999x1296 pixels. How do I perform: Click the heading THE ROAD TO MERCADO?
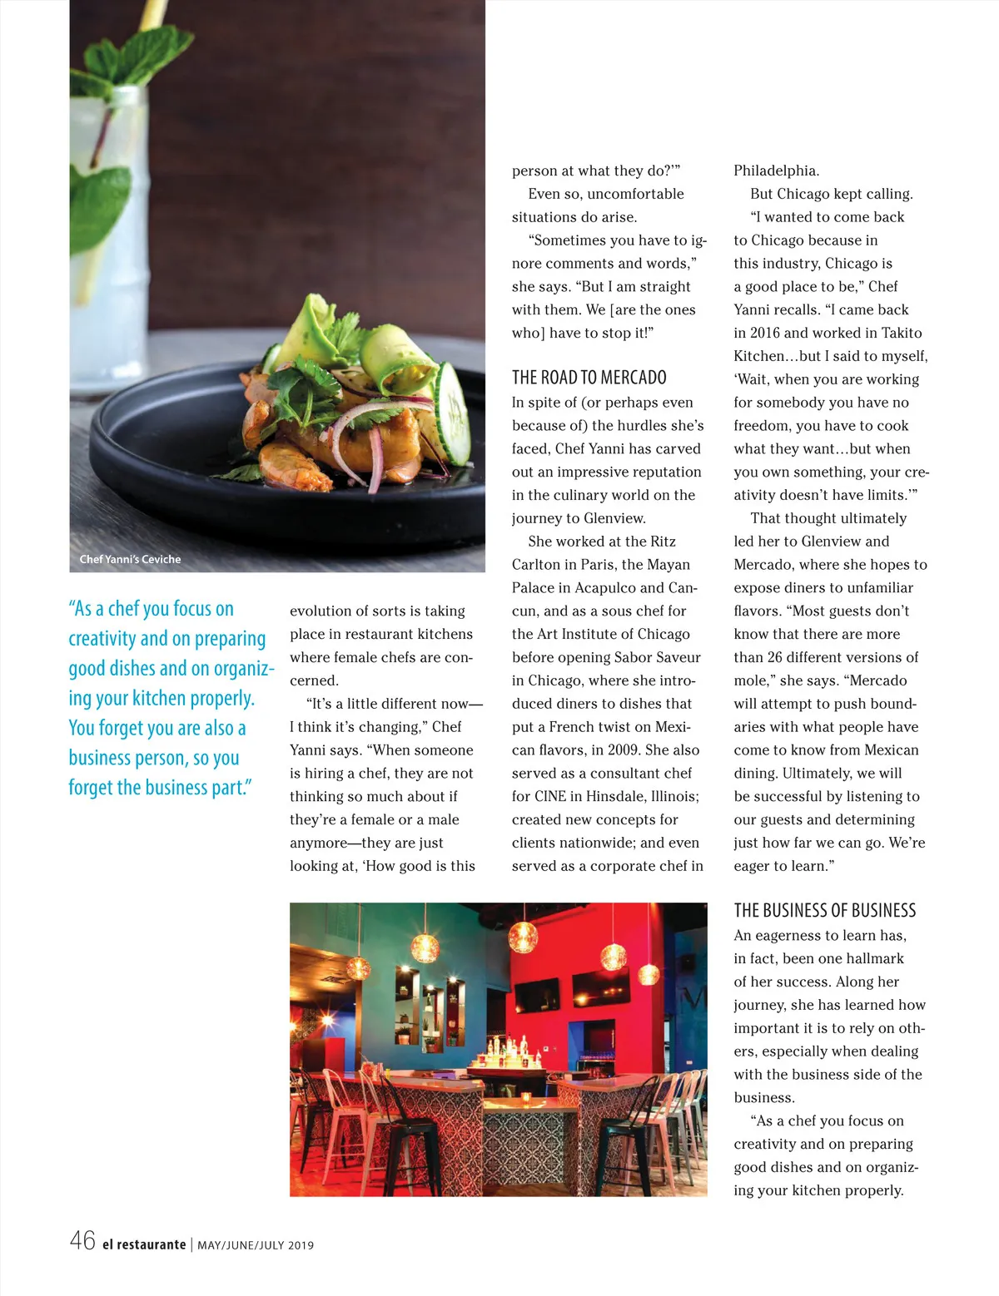(x=589, y=378)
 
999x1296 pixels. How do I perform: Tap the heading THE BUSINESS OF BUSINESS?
(x=824, y=910)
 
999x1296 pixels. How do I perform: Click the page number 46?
(x=82, y=1241)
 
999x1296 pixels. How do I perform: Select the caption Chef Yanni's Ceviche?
(x=130, y=559)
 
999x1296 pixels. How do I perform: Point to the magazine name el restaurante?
(x=144, y=1244)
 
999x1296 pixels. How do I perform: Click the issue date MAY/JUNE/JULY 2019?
(x=256, y=1245)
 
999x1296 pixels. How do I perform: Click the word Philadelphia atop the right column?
(x=776, y=171)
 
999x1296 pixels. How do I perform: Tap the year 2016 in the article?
(x=765, y=333)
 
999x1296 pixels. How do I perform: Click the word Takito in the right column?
(x=902, y=333)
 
